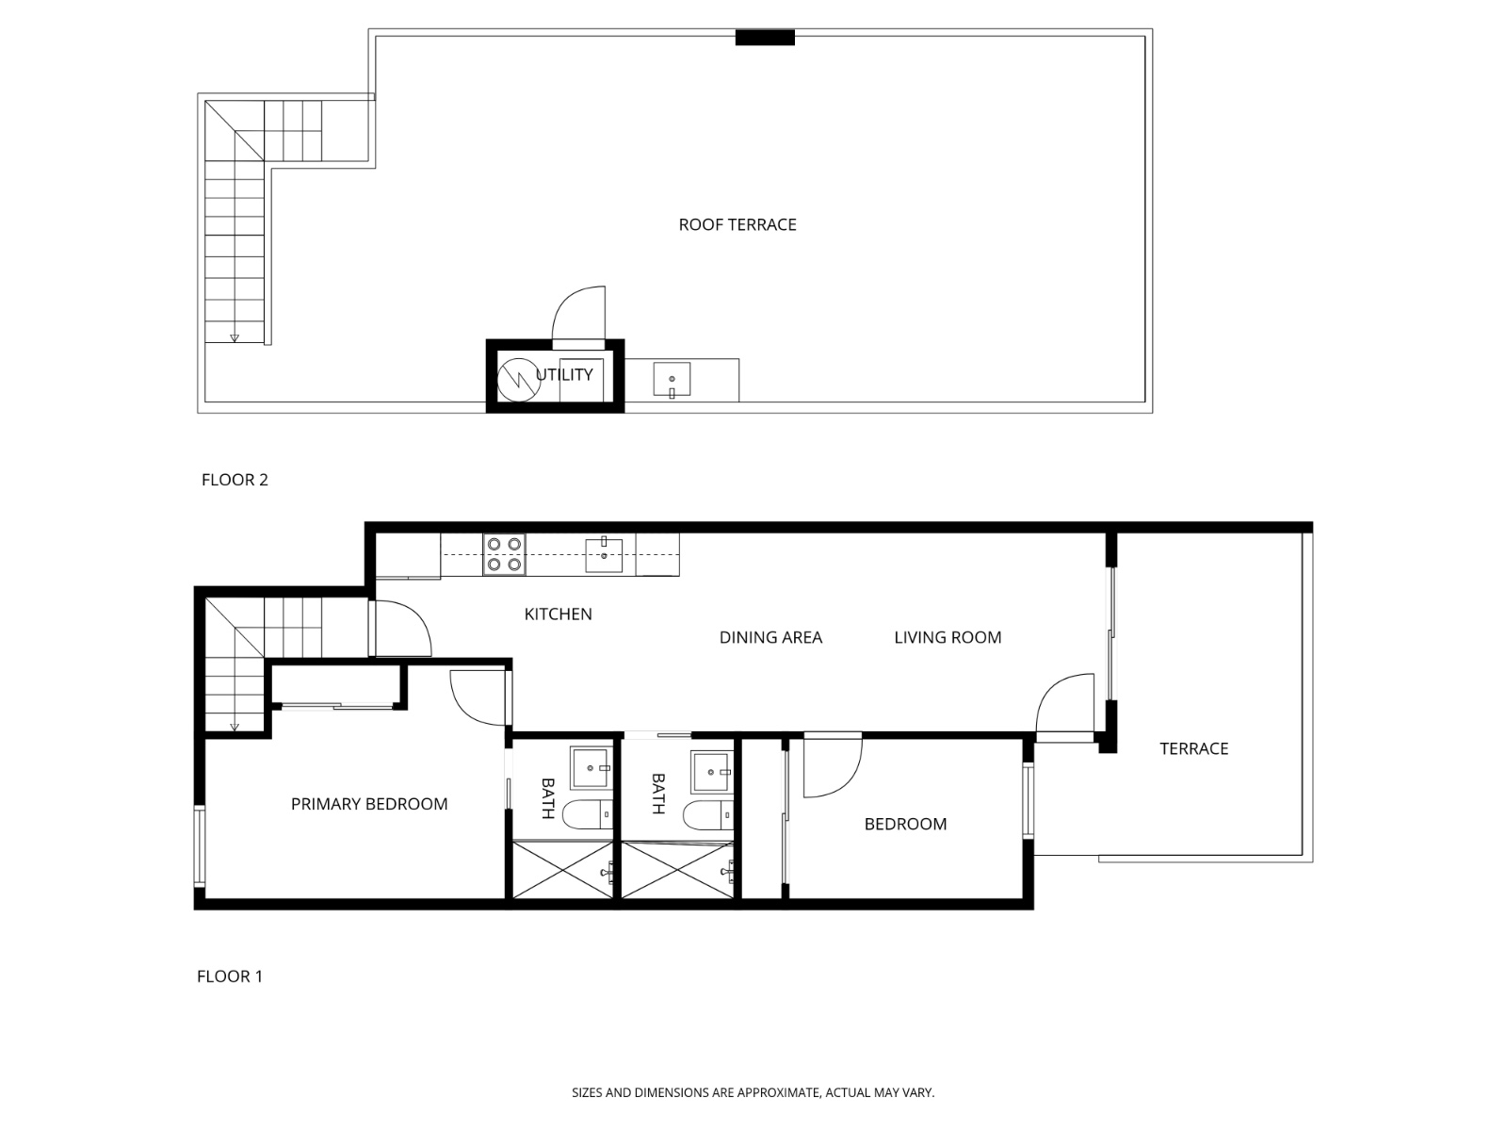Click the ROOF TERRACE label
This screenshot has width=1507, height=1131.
pyautogui.click(x=737, y=224)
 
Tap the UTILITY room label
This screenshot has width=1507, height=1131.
pyautogui.click(x=565, y=374)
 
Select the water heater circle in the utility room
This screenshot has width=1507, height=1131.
pyautogui.click(x=515, y=379)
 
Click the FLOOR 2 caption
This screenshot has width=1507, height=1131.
pyautogui.click(x=235, y=480)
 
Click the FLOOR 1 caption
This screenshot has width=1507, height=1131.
pyautogui.click(x=230, y=976)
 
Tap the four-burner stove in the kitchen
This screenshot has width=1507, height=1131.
pyautogui.click(x=504, y=554)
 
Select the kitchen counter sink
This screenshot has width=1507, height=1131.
pyautogui.click(x=604, y=555)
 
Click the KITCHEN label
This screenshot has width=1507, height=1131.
pyautogui.click(x=558, y=615)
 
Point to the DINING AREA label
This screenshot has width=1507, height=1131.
pyautogui.click(x=770, y=638)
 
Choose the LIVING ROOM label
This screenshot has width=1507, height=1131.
pyautogui.click(x=948, y=638)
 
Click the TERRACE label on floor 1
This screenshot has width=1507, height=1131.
pyautogui.click(x=1193, y=749)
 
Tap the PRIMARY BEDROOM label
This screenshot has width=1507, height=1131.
pyautogui.click(x=369, y=804)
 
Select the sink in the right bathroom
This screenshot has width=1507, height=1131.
pyautogui.click(x=711, y=772)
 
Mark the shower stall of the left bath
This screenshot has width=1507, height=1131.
pyautogui.click(x=563, y=871)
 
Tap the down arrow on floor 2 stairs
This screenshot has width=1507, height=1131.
pyautogui.click(x=235, y=337)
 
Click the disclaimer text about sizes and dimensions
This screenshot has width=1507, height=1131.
pyautogui.click(x=753, y=1093)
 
